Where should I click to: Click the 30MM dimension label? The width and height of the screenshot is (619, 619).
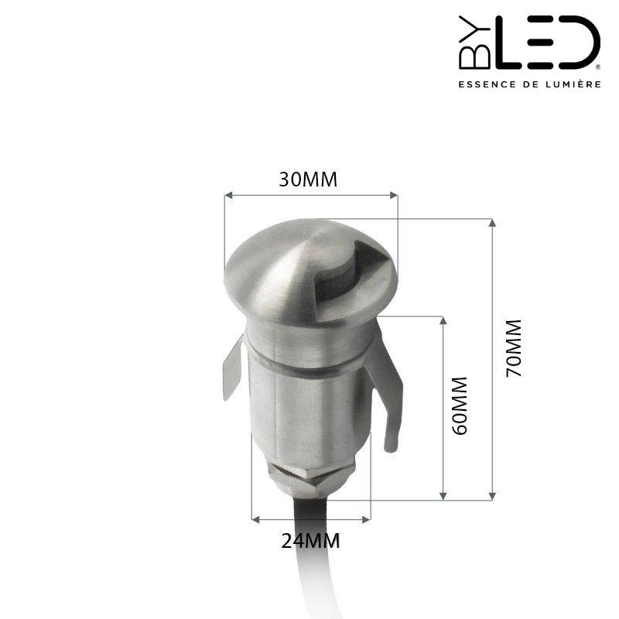[309, 180]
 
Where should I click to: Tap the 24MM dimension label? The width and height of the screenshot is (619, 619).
[310, 541]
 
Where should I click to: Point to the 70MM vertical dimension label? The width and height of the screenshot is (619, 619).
[513, 347]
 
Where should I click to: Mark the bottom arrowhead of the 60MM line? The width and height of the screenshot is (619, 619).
[443, 495]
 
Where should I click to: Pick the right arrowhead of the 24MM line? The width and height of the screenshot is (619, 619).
[368, 518]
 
